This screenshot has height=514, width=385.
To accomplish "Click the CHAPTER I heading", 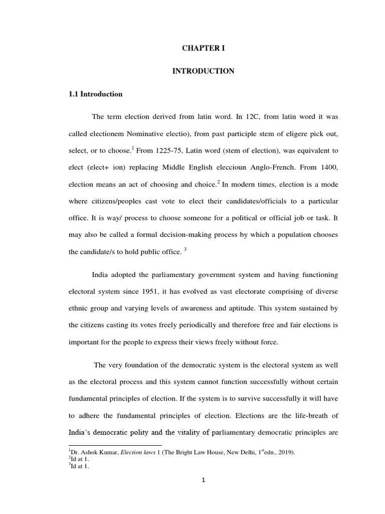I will tap(203, 49).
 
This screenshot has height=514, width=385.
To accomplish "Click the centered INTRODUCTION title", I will tap(203, 71).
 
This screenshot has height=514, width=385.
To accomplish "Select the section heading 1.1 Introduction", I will tap(95, 94).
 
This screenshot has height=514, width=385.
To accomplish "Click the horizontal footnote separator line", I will tap(115, 445).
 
